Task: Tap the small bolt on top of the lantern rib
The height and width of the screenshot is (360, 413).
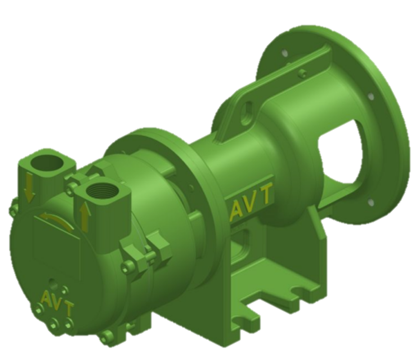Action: pyautogui.click(x=302, y=74)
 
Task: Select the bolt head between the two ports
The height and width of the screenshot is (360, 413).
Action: pyautogui.click(x=73, y=186)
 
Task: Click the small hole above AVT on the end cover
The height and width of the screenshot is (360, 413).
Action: pyautogui.click(x=52, y=282)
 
